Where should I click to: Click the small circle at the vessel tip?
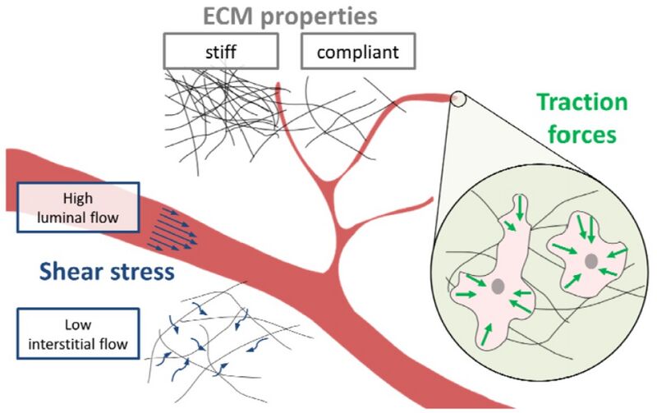click(458, 99)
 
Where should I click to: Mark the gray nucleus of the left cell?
click(498, 287)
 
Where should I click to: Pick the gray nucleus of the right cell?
click(590, 260)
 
